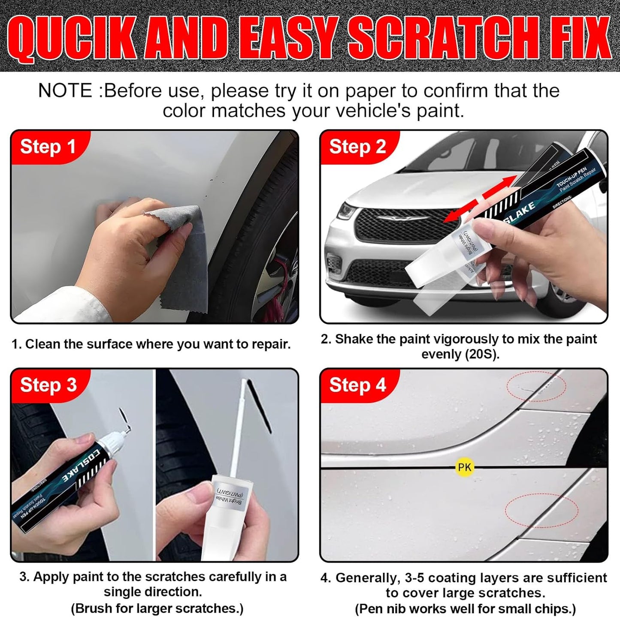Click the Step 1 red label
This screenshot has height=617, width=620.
[48, 147]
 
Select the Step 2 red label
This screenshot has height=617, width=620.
[357, 147]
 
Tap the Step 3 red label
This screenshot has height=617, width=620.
[48, 385]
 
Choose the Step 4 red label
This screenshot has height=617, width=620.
[357, 385]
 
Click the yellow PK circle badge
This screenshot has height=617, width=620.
[464, 467]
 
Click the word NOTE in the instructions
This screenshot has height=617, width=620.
[65, 91]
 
